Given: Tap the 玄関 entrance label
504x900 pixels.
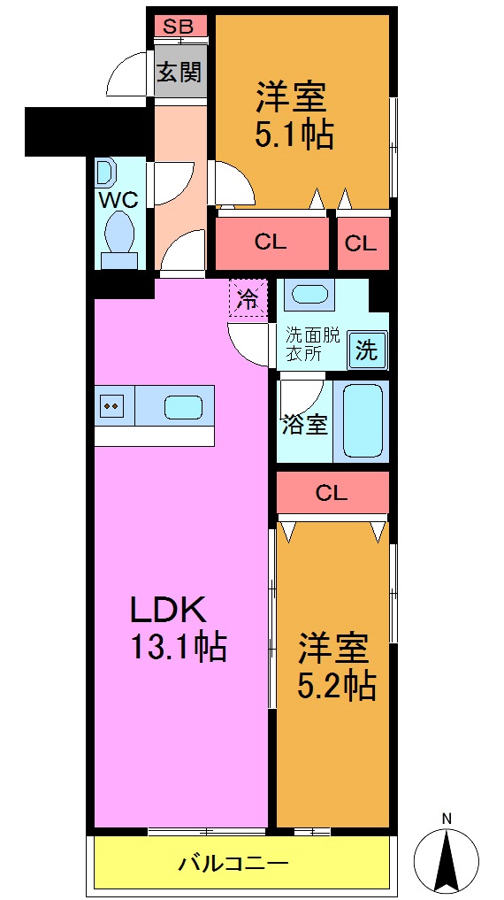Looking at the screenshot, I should [x=179, y=72].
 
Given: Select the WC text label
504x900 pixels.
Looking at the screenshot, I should [x=118, y=198].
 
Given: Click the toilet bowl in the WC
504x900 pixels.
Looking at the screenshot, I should [x=118, y=234].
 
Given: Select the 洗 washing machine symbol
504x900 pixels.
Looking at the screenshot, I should [x=365, y=350].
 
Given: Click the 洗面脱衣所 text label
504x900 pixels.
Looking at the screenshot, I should [x=311, y=344].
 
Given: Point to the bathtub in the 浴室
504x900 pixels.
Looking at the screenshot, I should [x=363, y=420].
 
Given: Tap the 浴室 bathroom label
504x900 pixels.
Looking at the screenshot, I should [x=305, y=426].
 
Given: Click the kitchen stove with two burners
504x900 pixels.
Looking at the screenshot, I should [x=112, y=406].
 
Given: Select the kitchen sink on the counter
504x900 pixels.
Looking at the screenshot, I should [x=183, y=407].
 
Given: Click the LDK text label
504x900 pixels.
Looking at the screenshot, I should [x=168, y=610].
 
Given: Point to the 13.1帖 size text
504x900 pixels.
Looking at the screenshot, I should [x=179, y=647].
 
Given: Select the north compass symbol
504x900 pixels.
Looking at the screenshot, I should [x=447, y=853].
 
